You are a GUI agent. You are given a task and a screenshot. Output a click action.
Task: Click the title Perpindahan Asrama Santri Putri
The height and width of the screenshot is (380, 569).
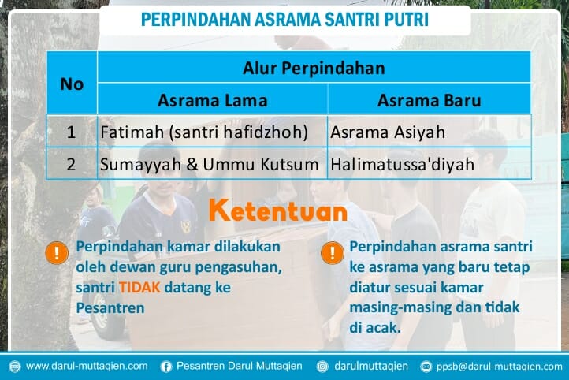point(284,20)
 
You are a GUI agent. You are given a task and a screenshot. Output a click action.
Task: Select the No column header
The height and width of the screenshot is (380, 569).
point(72,84)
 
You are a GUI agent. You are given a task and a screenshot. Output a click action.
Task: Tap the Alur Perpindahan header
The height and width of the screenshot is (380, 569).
point(314,68)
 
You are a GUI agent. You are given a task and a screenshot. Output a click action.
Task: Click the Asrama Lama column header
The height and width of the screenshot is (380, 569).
point(212,100)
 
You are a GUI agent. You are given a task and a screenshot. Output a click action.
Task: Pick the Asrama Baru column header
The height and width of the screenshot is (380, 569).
point(429,100)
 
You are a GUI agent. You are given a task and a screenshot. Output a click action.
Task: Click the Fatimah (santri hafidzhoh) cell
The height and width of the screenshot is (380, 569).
point(203,132)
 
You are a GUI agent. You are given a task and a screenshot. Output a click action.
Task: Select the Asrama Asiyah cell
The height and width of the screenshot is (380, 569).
point(377,132)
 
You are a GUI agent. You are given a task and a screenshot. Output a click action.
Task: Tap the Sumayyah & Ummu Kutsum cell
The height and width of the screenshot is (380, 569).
point(210,165)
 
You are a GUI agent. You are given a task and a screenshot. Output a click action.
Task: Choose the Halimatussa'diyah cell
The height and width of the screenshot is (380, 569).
point(403,165)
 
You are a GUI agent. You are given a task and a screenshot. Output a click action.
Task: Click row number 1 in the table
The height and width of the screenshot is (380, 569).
point(72,132)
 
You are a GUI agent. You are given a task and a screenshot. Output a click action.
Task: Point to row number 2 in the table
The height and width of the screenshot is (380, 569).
point(72,165)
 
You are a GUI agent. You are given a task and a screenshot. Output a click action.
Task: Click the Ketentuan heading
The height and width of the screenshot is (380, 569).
point(277,211)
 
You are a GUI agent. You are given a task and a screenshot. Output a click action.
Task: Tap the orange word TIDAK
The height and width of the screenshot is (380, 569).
point(140,288)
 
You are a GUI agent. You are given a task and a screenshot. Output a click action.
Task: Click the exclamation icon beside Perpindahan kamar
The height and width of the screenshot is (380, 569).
point(57,253)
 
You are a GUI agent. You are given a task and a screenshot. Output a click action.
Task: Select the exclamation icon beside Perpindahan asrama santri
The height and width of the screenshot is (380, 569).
point(333,253)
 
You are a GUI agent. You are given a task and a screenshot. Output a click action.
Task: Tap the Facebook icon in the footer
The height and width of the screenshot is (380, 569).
point(166,366)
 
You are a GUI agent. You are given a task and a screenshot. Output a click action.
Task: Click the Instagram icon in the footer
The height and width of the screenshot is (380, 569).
point(322,366)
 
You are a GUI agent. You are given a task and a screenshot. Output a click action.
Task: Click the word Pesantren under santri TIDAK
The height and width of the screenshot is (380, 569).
point(110,307)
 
